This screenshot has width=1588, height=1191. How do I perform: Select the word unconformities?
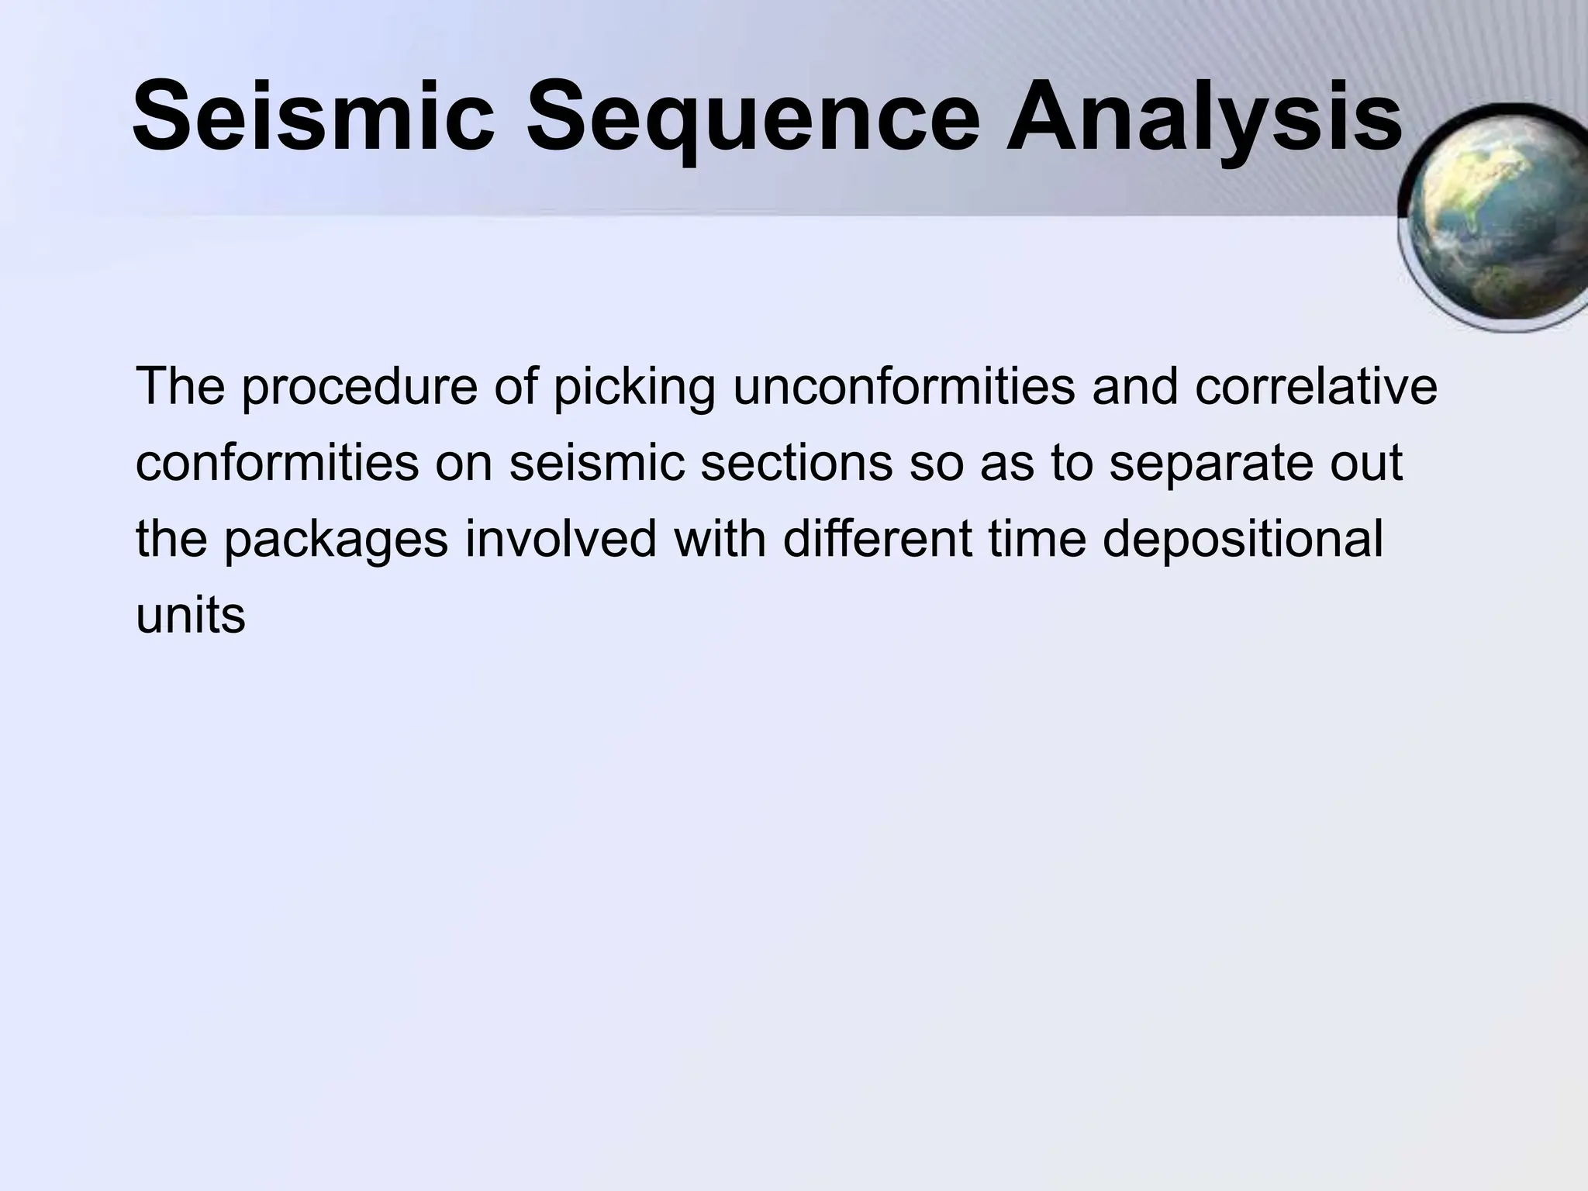[904, 385]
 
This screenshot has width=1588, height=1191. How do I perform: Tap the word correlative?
[1315, 385]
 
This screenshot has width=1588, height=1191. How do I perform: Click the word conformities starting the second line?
[277, 462]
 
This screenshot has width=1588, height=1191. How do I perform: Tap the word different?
[876, 538]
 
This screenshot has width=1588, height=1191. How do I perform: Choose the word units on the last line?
[190, 616]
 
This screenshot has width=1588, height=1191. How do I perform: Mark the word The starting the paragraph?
[180, 385]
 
